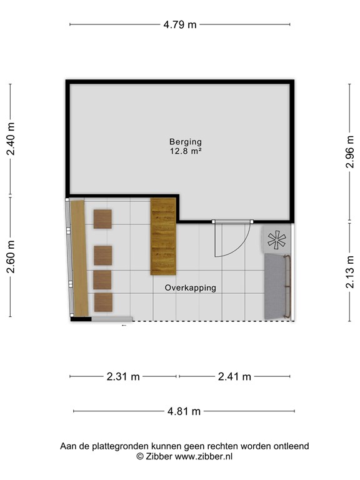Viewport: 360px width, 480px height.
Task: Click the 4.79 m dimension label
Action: [x=179, y=25]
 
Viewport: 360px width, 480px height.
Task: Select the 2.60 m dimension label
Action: [x=10, y=256]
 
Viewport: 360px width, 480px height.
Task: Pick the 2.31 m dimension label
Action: [x=123, y=376]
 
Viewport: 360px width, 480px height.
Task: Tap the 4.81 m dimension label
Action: [x=184, y=411]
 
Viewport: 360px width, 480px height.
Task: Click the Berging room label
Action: [x=185, y=142]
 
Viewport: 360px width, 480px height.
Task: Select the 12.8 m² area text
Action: [x=185, y=151]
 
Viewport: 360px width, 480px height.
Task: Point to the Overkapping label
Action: [x=190, y=288]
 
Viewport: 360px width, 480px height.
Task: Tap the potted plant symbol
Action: [x=276, y=239]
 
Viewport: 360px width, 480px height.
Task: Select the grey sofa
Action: [x=276, y=286]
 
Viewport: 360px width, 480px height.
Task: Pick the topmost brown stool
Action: [x=102, y=219]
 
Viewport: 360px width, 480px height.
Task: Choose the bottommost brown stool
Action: [x=103, y=302]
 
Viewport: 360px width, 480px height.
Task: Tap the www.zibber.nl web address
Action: [x=203, y=457]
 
